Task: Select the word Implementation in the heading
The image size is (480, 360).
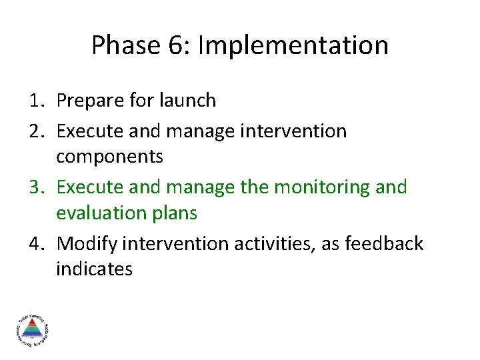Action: pyautogui.click(x=293, y=45)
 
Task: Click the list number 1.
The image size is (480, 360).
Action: pyautogui.click(x=35, y=101)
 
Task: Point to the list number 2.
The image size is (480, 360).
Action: pyautogui.click(x=35, y=131)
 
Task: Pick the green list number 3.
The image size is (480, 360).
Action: pyautogui.click(x=35, y=187)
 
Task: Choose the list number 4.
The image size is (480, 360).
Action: pyautogui.click(x=35, y=244)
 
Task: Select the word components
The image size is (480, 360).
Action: pyautogui.click(x=109, y=157)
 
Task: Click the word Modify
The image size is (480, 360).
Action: pyautogui.click(x=85, y=244)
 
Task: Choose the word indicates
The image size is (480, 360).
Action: pyautogui.click(x=94, y=269)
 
